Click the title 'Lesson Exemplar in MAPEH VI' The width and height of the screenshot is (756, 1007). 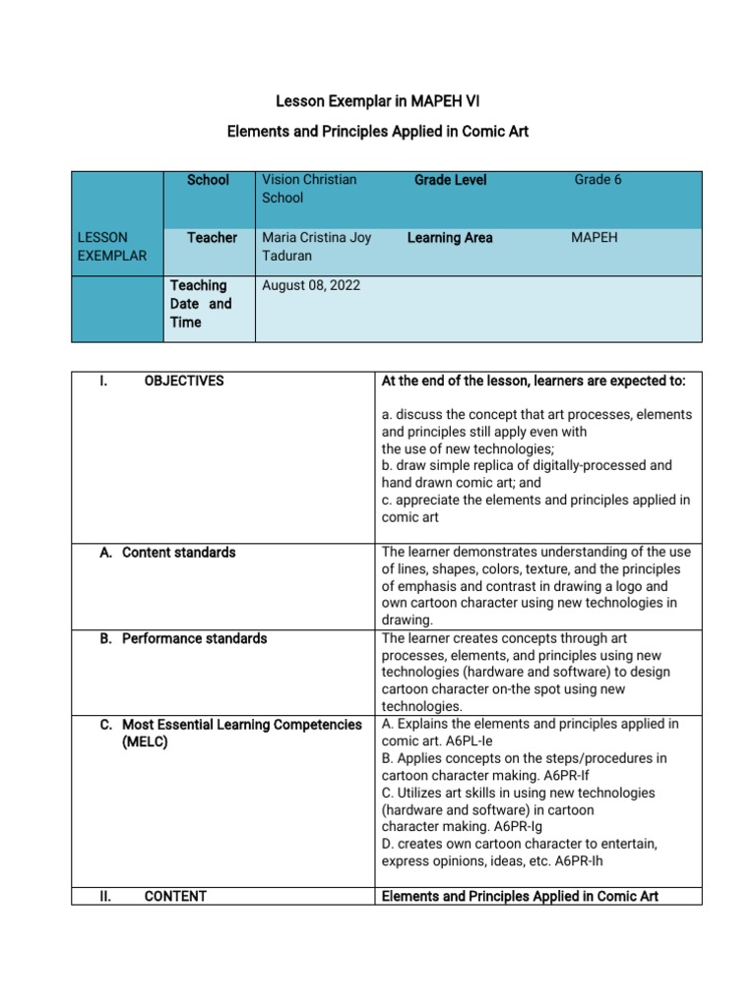pyautogui.click(x=378, y=101)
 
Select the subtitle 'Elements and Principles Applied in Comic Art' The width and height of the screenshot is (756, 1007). pyautogui.click(x=378, y=131)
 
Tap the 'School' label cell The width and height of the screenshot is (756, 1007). pyautogui.click(x=208, y=180)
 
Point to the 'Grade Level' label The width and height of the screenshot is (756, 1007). pyautogui.click(x=450, y=180)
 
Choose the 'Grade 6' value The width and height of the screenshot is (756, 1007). pyautogui.click(x=598, y=179)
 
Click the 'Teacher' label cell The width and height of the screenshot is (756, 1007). pyautogui.click(x=212, y=238)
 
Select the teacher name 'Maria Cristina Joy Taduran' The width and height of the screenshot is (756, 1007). pyautogui.click(x=316, y=247)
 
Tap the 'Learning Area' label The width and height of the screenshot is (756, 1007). pyautogui.click(x=450, y=238)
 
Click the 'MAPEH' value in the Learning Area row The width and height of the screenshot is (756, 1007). pyautogui.click(x=595, y=238)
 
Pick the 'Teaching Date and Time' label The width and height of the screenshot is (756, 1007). pyautogui.click(x=201, y=304)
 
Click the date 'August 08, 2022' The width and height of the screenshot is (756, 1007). pyautogui.click(x=311, y=286)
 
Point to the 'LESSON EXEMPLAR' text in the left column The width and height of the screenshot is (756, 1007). pyautogui.click(x=112, y=247)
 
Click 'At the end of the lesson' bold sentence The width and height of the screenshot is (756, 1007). pyautogui.click(x=534, y=381)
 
